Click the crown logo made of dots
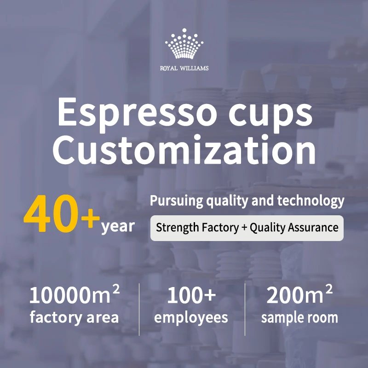184,44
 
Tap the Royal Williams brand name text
184,68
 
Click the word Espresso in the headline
137,114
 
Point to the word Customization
184,150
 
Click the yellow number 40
51,213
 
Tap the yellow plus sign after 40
91,218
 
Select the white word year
118,226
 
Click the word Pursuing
177,201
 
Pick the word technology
311,201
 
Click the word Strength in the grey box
174,228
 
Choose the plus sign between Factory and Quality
244,228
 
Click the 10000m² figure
75,294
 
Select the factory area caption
74,317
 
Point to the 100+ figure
191,295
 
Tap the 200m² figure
299,294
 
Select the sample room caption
299,318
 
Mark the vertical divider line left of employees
139,309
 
